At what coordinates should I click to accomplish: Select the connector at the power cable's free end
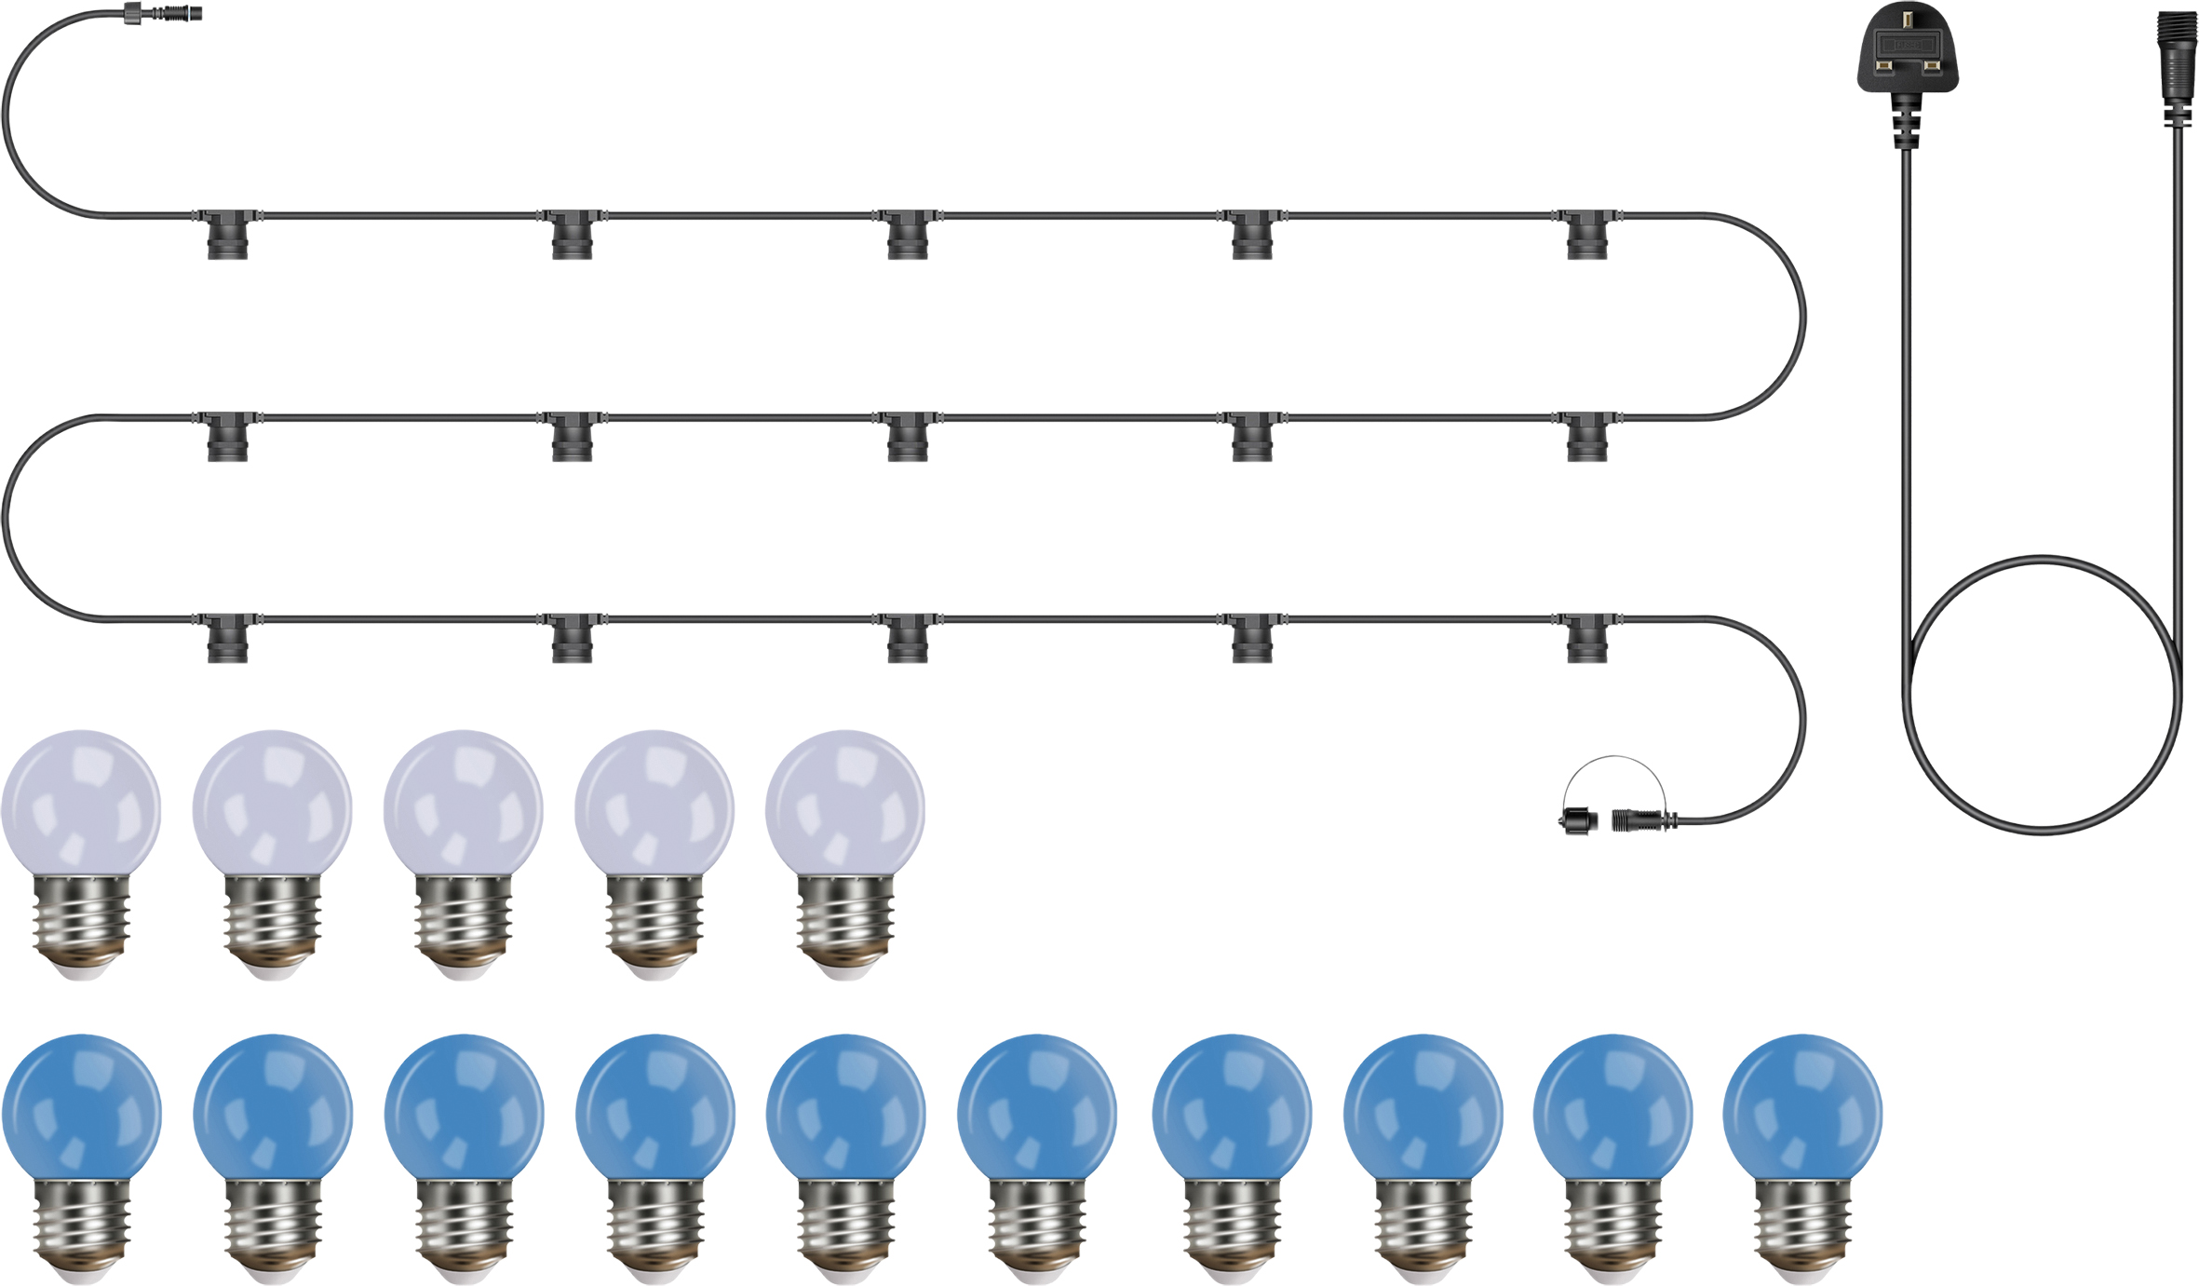point(2176,56)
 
